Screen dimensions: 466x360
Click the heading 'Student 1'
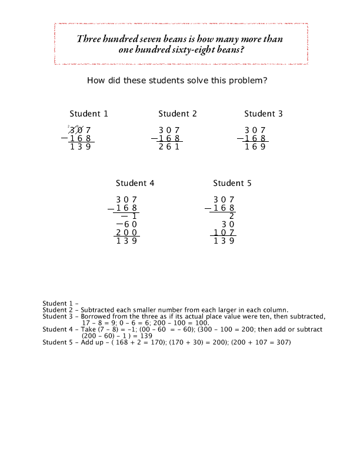[89, 114]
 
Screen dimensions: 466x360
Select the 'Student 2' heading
[178, 114]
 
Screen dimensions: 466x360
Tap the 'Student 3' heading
[264, 114]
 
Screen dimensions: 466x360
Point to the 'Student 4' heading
[135, 184]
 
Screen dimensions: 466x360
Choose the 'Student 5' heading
[232, 184]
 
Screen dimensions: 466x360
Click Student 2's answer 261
[169, 147]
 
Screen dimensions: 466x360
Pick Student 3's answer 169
[255, 147]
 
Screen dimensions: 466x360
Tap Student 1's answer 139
[81, 147]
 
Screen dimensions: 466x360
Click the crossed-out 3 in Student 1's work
[72, 131]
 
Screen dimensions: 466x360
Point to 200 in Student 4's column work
[127, 232]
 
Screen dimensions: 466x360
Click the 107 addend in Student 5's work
[224, 232]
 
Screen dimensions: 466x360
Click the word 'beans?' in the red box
[231, 50]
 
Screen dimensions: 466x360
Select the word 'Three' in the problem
[90, 39]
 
